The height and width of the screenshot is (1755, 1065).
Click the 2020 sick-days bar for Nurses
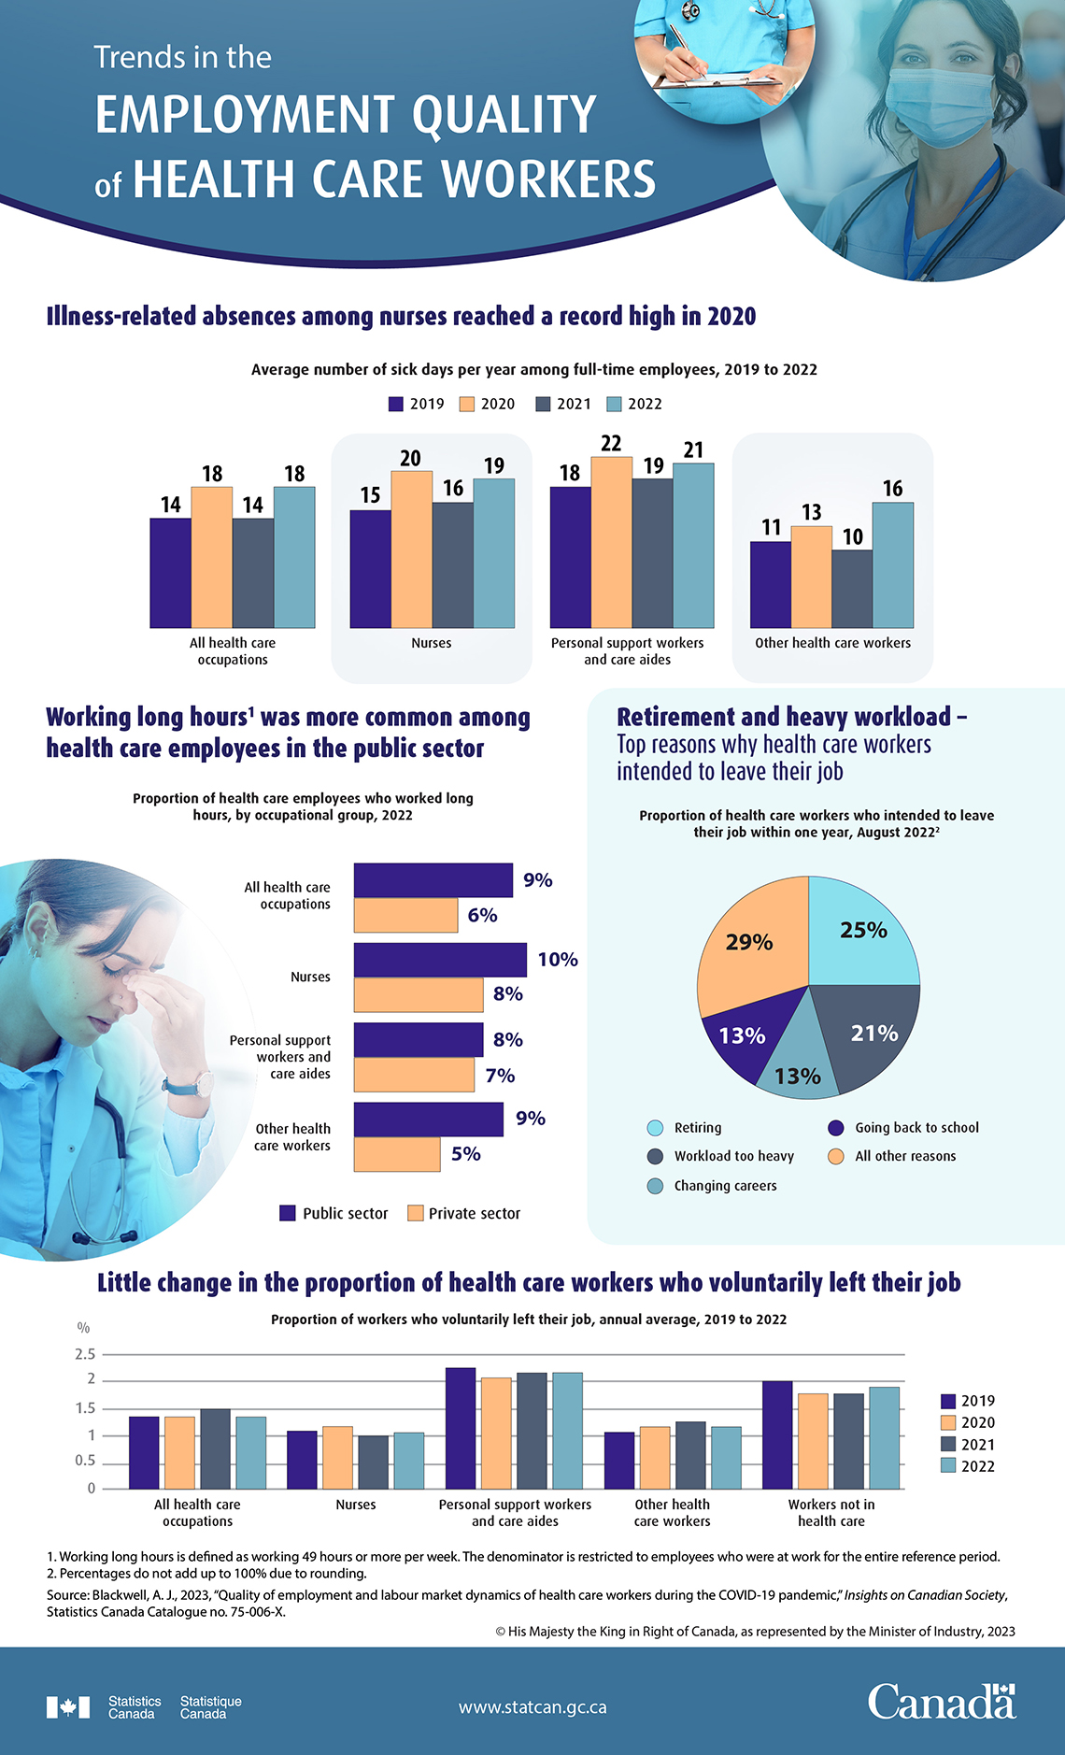click(x=411, y=549)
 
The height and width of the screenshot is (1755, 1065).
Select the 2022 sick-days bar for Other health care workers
click(x=893, y=564)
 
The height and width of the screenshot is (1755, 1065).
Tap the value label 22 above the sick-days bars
click(x=611, y=443)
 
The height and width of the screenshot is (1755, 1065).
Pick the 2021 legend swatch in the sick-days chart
click(x=543, y=404)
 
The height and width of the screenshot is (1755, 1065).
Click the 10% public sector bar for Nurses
click(x=440, y=960)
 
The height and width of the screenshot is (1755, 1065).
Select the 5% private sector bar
click(x=397, y=1154)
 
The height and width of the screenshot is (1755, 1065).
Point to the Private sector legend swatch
click(x=416, y=1213)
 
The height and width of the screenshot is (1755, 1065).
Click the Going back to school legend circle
click(x=836, y=1128)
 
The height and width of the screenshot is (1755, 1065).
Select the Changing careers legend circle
click(x=655, y=1186)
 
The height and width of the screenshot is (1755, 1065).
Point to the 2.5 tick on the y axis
click(x=85, y=1354)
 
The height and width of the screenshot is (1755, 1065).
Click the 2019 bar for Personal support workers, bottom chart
click(x=461, y=1428)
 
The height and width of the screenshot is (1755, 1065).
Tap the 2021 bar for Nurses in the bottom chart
click(x=373, y=1462)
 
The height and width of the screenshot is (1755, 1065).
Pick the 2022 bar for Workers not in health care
click(x=884, y=1437)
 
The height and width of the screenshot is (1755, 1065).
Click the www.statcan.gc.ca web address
click(x=532, y=1707)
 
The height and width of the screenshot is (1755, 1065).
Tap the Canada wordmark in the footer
click(x=941, y=1704)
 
